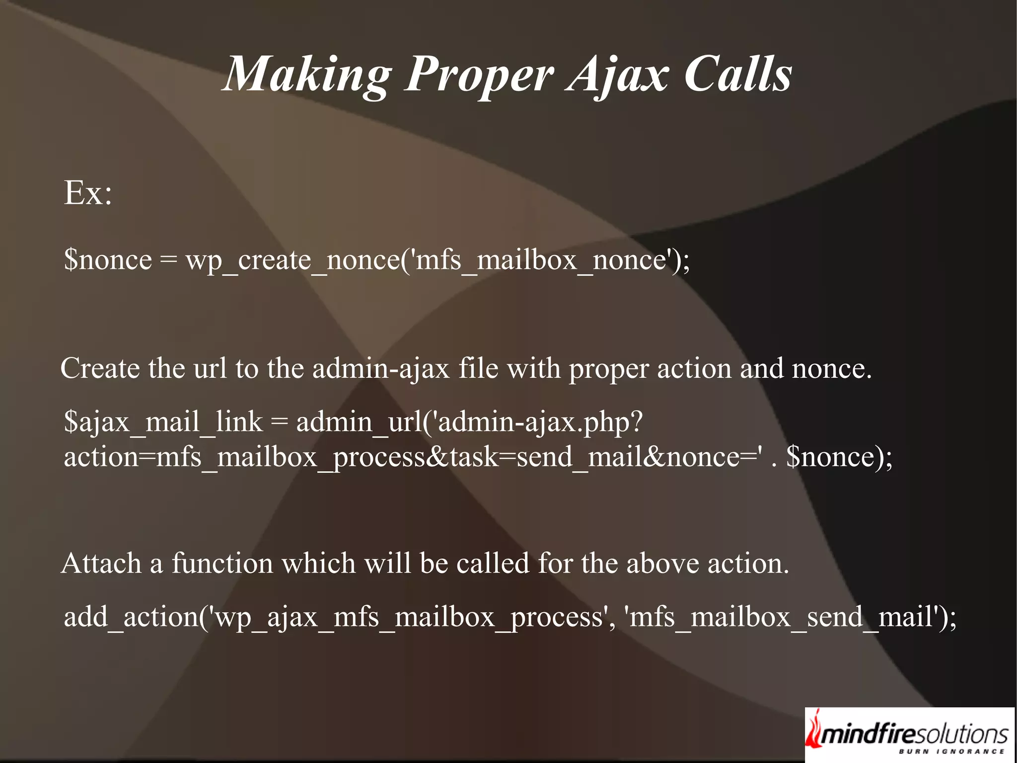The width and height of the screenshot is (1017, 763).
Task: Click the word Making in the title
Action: pyautogui.click(x=308, y=75)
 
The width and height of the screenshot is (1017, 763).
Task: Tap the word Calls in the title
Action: pyautogui.click(x=738, y=75)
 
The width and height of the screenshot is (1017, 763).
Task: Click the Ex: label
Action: pyautogui.click(x=88, y=193)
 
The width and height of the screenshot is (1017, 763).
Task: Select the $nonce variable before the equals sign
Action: pyautogui.click(x=108, y=260)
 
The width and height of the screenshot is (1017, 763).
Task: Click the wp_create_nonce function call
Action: pyautogui.click(x=292, y=260)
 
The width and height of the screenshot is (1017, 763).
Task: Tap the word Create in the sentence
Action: pyautogui.click(x=100, y=369)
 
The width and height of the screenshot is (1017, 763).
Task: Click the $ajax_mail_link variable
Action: pyautogui.click(x=163, y=423)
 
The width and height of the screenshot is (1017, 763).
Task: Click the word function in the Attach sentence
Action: pyautogui.click(x=222, y=564)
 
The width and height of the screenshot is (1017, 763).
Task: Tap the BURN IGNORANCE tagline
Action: pyautogui.click(x=951, y=752)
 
